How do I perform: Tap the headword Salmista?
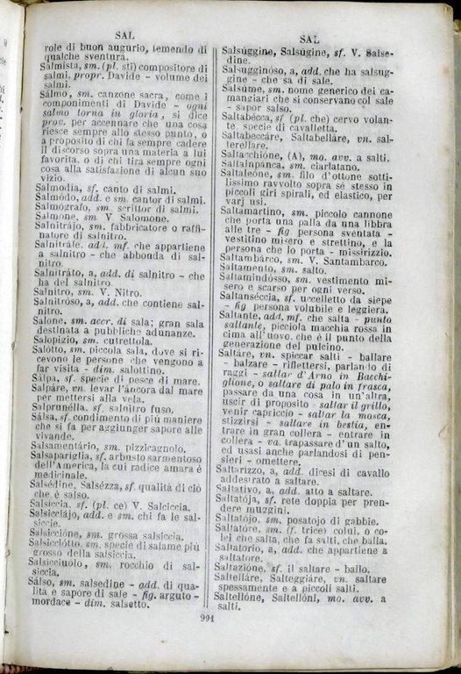[x=53, y=67]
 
